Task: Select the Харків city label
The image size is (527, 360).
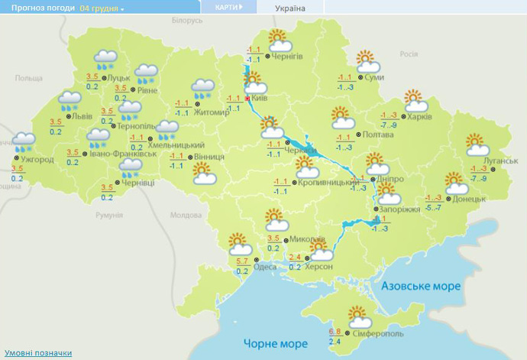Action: coord(420,116)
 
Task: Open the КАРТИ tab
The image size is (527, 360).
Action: coord(228,8)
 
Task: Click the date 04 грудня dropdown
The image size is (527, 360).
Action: coord(102,8)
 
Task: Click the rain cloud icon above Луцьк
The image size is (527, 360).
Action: coord(105,58)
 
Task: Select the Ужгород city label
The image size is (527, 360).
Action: coord(38,160)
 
